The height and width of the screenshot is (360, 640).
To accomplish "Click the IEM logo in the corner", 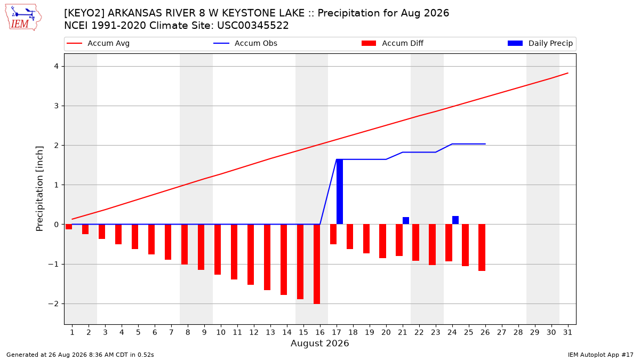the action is pyautogui.click(x=23, y=17).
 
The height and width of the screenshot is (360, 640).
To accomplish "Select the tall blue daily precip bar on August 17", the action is pyautogui.click(x=340, y=191).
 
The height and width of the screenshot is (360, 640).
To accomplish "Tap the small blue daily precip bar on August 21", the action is pyautogui.click(x=406, y=221).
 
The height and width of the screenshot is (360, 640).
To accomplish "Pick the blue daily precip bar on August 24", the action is pyautogui.click(x=455, y=220).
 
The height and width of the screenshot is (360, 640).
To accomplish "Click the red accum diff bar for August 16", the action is pyautogui.click(x=317, y=264).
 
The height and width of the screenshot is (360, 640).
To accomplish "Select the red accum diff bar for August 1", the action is pyautogui.click(x=69, y=227).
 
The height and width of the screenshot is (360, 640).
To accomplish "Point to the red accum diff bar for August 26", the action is pyautogui.click(x=482, y=247).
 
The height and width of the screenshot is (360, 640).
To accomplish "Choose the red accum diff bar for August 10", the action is pyautogui.click(x=218, y=250).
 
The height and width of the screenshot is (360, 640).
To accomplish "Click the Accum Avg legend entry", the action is pyautogui.click(x=98, y=43).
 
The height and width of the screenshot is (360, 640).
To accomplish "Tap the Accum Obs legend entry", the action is pyautogui.click(x=245, y=43).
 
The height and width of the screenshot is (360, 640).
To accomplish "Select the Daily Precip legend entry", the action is pyautogui.click(x=540, y=43).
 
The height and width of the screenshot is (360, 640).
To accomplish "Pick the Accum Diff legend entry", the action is pyautogui.click(x=393, y=43).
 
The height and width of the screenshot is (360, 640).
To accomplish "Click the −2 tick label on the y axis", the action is pyautogui.click(x=53, y=303).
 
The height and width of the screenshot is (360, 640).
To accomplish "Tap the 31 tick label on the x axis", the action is pyautogui.click(x=567, y=332).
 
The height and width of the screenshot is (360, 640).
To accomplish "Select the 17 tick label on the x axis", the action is pyautogui.click(x=337, y=332).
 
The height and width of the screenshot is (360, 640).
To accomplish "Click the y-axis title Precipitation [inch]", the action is pyautogui.click(x=39, y=189).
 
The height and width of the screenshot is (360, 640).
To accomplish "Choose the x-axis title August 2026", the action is pyautogui.click(x=319, y=343).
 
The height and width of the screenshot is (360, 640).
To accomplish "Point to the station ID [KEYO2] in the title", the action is pyautogui.click(x=84, y=13).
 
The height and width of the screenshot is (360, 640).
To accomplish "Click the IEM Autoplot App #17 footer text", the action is pyautogui.click(x=601, y=355).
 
